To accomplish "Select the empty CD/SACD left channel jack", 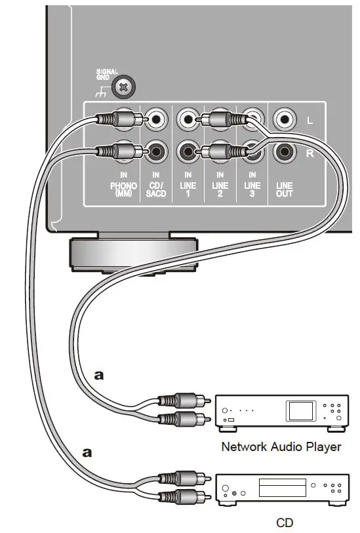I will click(157, 119).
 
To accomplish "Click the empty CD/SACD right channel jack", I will click(157, 152).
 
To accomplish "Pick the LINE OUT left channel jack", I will click(284, 119).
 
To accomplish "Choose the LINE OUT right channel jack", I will click(284, 152).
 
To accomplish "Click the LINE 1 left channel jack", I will click(188, 119).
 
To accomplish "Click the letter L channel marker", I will click(310, 121).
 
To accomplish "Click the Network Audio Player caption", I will click(281, 447).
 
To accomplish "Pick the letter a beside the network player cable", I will click(99, 376).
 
